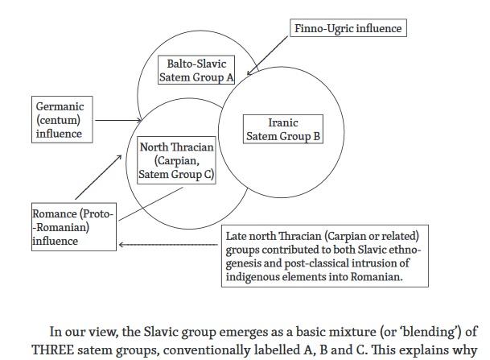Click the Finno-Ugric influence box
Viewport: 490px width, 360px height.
[x=346, y=28]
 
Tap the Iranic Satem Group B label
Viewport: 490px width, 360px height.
[x=282, y=130]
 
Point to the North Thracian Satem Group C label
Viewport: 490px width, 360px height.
[x=177, y=159]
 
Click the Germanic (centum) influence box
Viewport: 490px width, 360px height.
[x=60, y=120]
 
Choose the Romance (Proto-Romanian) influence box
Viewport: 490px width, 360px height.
[x=73, y=227]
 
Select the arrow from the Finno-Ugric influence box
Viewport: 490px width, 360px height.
[x=270, y=56]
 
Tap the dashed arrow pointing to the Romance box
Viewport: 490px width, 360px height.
[x=169, y=243]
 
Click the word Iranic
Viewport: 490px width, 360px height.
[x=282, y=123]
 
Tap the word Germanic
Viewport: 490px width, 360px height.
[x=60, y=106]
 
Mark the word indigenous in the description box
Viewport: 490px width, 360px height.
[x=256, y=278]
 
